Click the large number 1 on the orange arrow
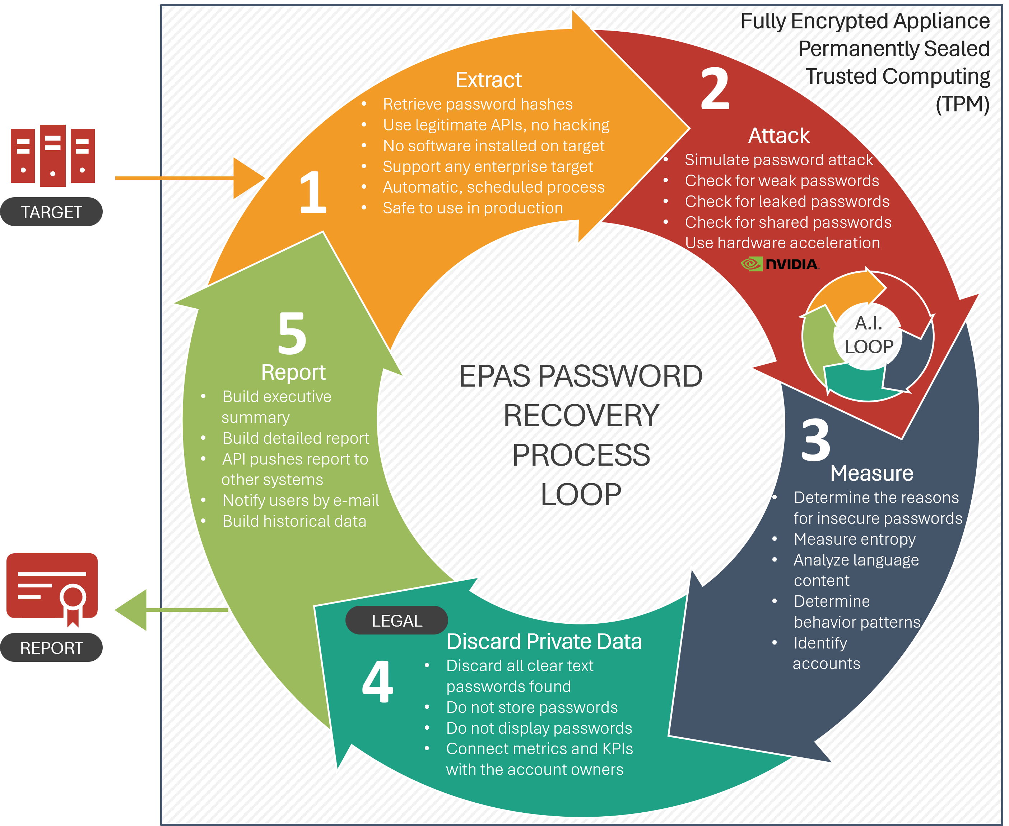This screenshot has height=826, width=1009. (313, 192)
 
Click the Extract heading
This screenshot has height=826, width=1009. (488, 80)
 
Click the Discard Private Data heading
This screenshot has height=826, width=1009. (544, 641)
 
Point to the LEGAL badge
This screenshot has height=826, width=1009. (396, 620)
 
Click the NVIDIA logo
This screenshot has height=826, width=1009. (780, 264)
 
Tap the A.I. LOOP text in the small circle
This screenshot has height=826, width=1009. (869, 335)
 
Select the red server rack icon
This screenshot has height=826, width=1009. (53, 156)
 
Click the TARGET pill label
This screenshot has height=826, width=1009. (51, 212)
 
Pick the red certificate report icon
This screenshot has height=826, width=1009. (52, 589)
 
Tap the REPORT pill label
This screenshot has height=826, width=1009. (51, 647)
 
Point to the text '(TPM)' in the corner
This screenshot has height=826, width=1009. (962, 104)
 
